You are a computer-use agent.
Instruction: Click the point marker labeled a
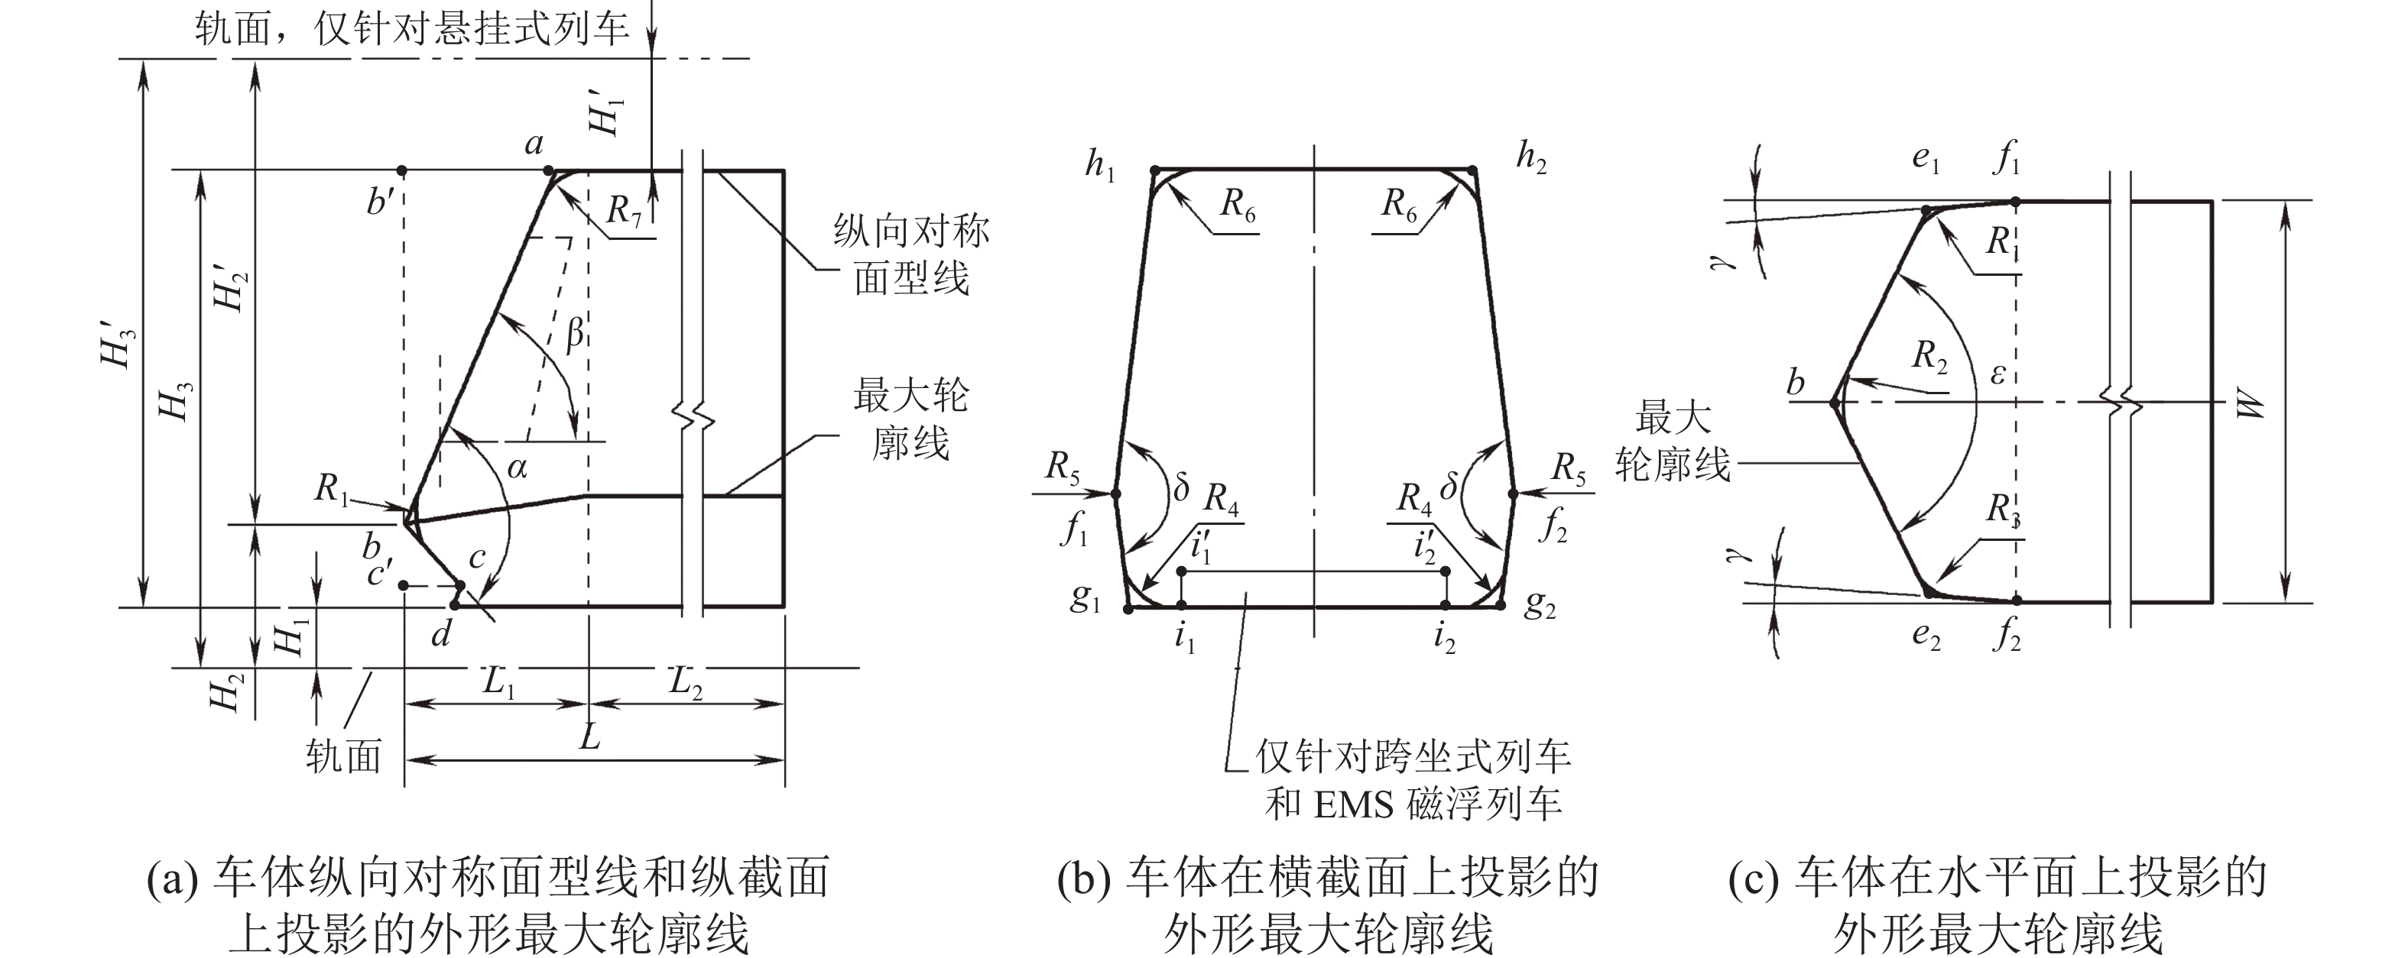[x=549, y=171]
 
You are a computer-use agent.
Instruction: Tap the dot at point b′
[x=402, y=171]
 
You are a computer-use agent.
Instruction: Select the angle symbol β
[x=575, y=333]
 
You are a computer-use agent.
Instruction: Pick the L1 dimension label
[x=499, y=683]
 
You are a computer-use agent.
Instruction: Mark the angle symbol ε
[x=1997, y=374]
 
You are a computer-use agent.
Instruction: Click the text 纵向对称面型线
[x=910, y=254]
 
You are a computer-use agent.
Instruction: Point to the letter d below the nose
[x=441, y=635]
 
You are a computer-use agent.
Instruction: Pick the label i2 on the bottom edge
[x=1444, y=639]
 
